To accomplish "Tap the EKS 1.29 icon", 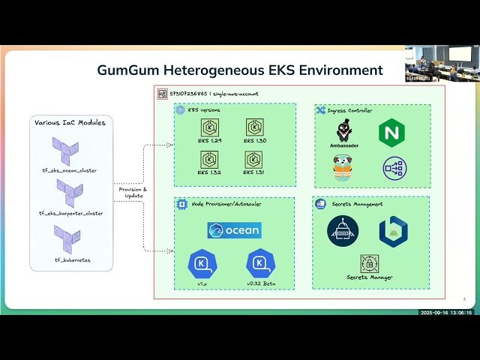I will (209, 127).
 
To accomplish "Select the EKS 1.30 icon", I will (254, 127).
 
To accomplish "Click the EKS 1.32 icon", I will (209, 159).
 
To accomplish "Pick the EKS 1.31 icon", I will (254, 159).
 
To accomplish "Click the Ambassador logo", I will (343, 131).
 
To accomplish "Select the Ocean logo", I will (234, 230).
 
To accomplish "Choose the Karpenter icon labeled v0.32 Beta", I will (260, 263).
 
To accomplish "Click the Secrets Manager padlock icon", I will (369, 263).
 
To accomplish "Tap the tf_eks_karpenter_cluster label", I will (70, 213).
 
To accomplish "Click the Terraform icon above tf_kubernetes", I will (67, 239).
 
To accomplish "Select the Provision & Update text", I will (133, 193).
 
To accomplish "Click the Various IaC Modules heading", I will (70, 121).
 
